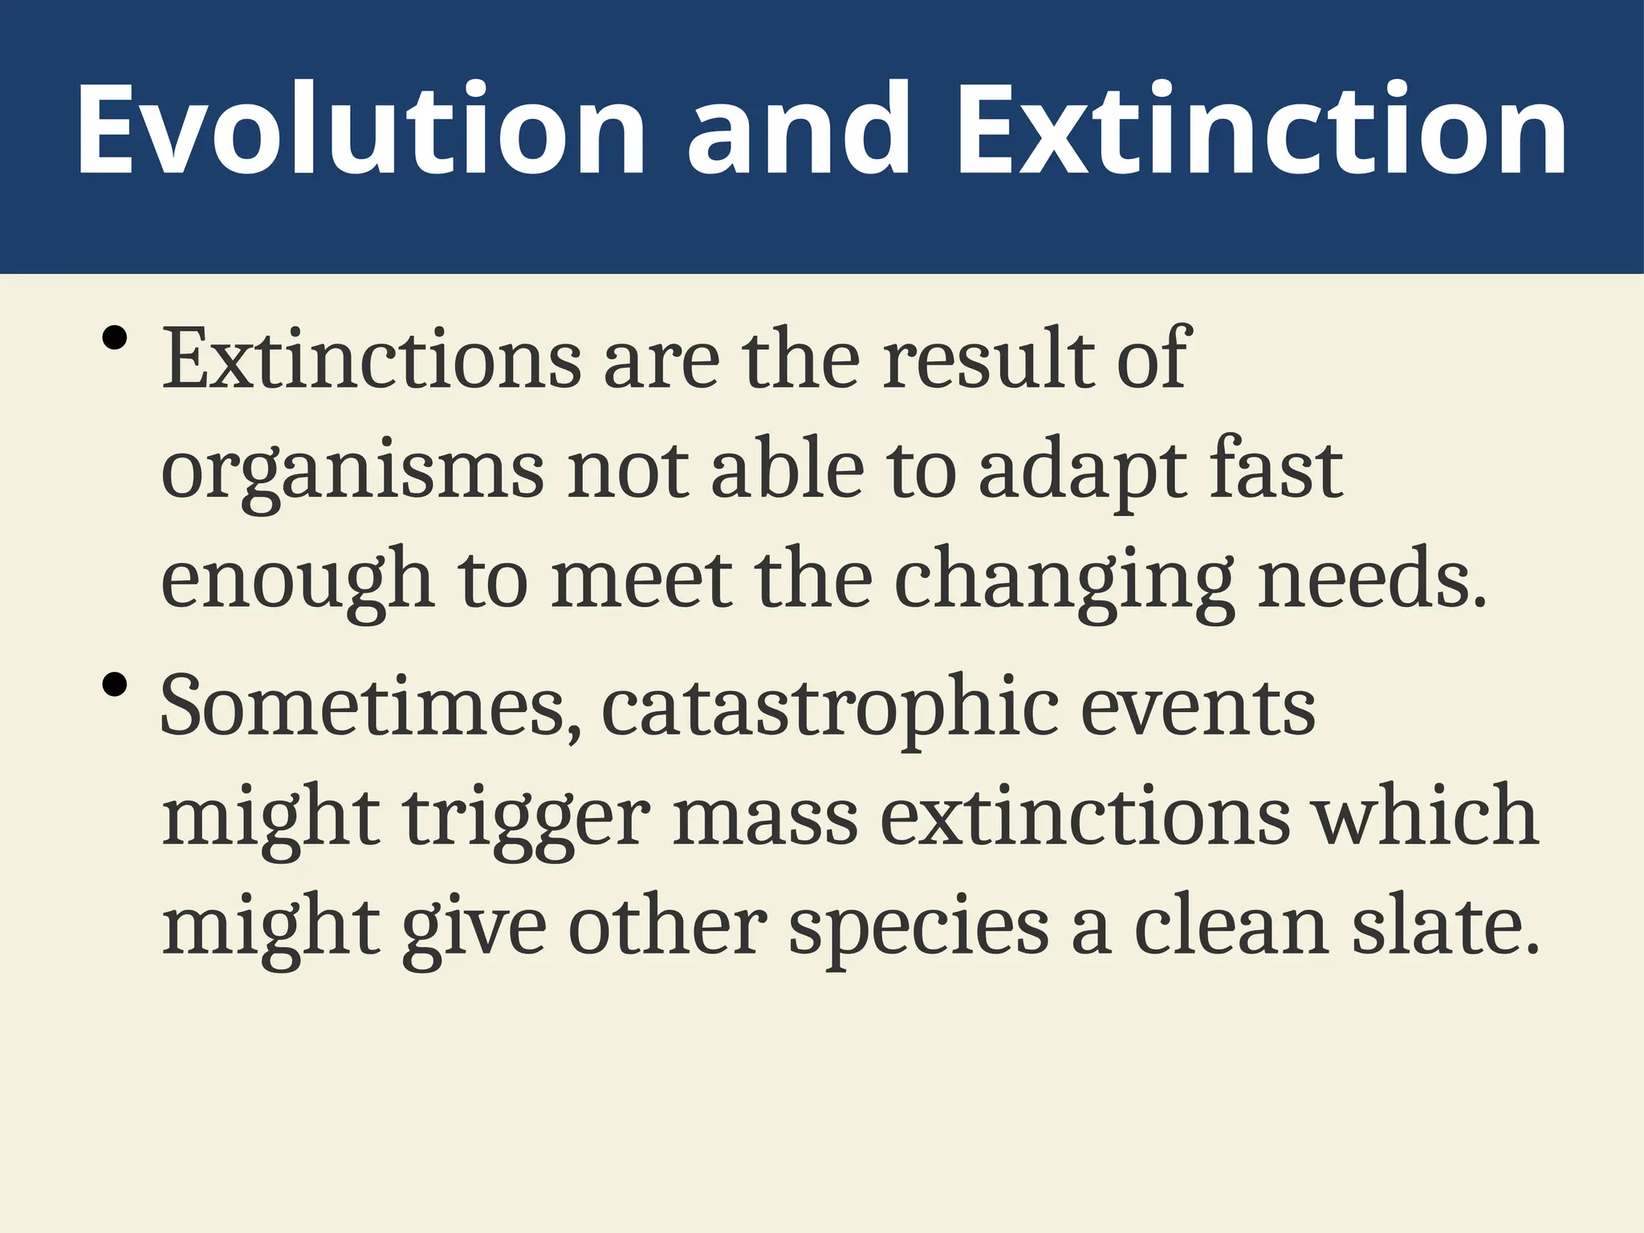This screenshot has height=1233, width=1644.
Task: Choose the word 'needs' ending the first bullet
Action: click(x=1365, y=578)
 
